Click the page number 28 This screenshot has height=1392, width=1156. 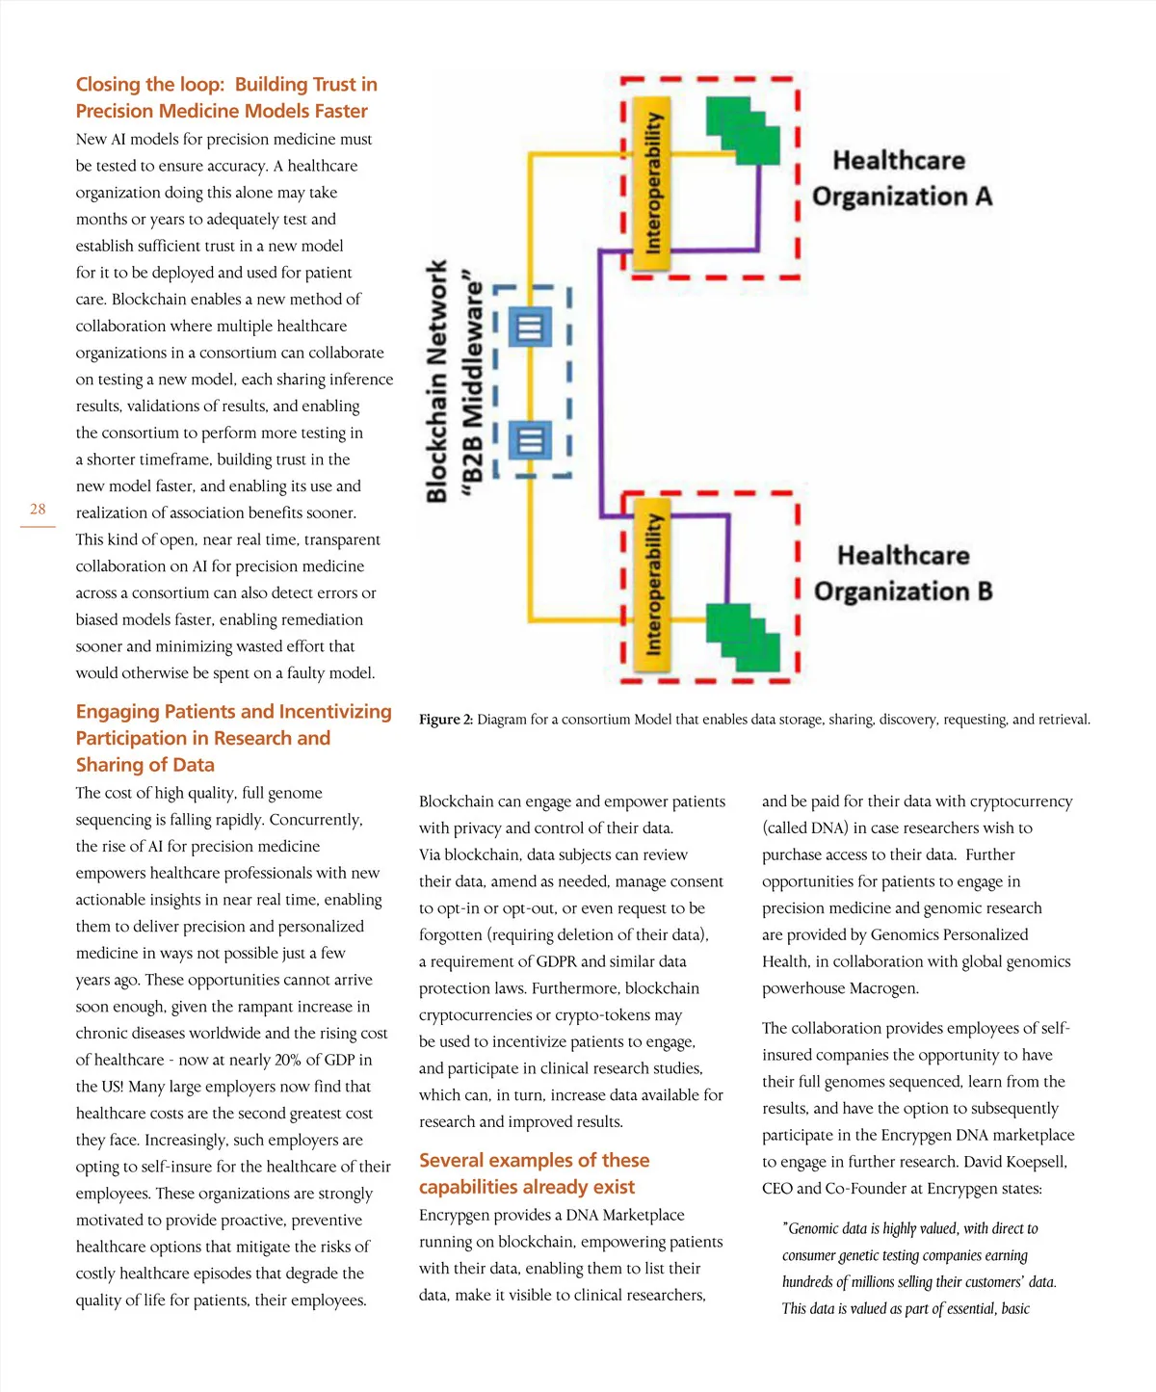[x=38, y=509]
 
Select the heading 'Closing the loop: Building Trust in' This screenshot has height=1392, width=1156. [x=226, y=85]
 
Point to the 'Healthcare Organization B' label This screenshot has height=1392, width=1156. [x=903, y=573]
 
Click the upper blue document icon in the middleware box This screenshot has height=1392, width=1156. [x=529, y=328]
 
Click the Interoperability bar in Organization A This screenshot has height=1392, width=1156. [x=653, y=180]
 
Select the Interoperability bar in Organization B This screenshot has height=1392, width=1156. [x=653, y=582]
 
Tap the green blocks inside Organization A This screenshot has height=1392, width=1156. [x=743, y=129]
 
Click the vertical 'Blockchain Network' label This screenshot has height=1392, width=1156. [x=437, y=381]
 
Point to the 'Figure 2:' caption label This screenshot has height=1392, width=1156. [x=446, y=720]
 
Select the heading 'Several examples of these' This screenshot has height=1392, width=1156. [x=534, y=1160]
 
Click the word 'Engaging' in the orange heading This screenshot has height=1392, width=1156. [x=118, y=712]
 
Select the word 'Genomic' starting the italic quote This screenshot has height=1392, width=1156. [x=817, y=1229]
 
